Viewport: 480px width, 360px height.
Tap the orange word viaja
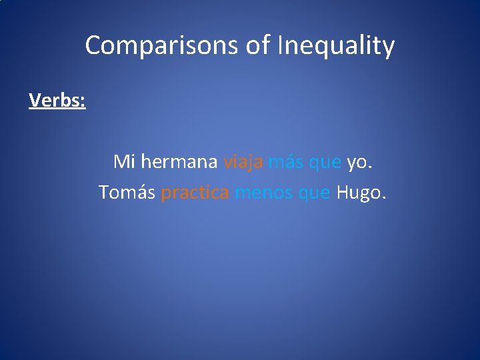coord(243,162)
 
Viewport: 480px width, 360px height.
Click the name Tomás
coord(127,193)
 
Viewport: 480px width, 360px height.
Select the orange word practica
coord(195,193)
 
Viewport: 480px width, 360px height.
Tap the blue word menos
coord(264,193)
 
